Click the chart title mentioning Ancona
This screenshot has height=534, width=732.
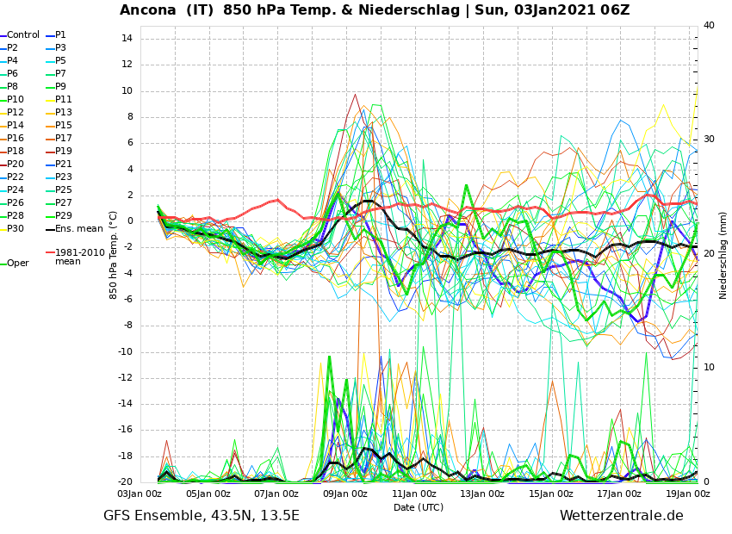[x=375, y=10]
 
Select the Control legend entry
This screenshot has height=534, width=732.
[x=23, y=35]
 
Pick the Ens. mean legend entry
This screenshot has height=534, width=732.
[x=78, y=229]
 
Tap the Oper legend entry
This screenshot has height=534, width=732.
[x=18, y=264]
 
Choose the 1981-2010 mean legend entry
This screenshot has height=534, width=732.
[x=79, y=257]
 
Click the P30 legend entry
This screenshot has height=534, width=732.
[x=16, y=229]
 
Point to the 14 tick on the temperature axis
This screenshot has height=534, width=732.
[x=127, y=39]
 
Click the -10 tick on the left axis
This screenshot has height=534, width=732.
[x=124, y=352]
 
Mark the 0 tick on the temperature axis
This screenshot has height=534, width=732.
[x=129, y=221]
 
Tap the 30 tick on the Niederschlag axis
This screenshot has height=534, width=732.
[x=710, y=139]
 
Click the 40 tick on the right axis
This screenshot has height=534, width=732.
[x=710, y=26]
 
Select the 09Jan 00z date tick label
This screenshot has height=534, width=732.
[x=344, y=494]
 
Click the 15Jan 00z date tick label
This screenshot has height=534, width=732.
[x=550, y=494]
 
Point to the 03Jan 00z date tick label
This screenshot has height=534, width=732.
[x=140, y=494]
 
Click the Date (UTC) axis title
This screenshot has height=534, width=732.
[x=419, y=508]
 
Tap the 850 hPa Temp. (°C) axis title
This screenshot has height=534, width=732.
[x=114, y=255]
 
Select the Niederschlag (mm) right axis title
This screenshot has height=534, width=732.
[x=723, y=255]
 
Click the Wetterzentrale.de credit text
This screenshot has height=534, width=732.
[x=621, y=517]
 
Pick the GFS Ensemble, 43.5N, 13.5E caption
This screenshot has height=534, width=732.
[x=202, y=517]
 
